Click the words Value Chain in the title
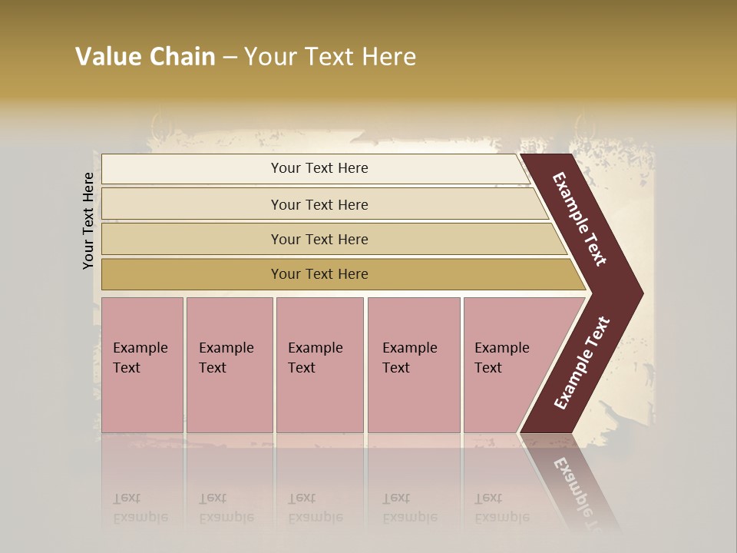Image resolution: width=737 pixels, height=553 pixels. tap(145, 57)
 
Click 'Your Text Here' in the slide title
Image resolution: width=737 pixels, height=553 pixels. tap(330, 57)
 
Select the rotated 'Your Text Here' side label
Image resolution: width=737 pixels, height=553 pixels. tap(88, 221)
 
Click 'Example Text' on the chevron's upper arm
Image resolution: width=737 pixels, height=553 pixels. tap(580, 219)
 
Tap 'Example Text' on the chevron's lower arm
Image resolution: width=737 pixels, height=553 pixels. tap(582, 363)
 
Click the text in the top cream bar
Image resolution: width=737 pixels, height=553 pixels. tap(319, 168)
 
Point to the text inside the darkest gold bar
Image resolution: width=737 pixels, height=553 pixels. tap(319, 274)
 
